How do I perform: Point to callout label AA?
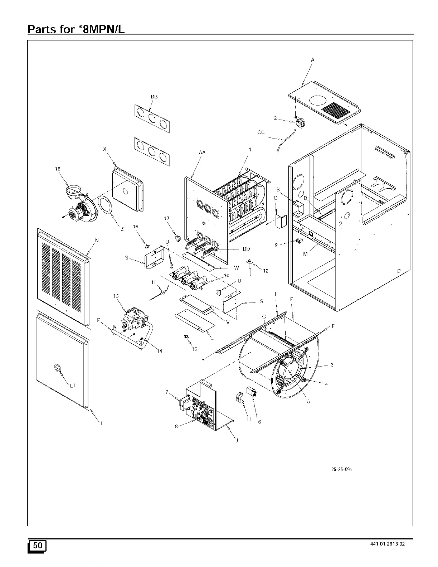click(x=202, y=152)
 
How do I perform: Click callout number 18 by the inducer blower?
click(x=58, y=169)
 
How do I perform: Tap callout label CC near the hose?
click(x=261, y=132)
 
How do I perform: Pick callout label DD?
click(x=246, y=249)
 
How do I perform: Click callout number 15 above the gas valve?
click(x=116, y=296)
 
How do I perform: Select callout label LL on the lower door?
click(x=73, y=386)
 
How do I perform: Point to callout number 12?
click(x=266, y=271)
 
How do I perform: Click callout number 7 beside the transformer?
click(x=167, y=392)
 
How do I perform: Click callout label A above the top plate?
click(x=312, y=60)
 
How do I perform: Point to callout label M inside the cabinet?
click(x=305, y=255)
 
